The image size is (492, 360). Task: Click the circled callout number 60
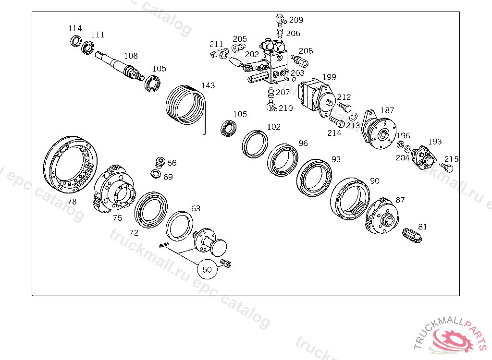pyautogui.click(x=207, y=269)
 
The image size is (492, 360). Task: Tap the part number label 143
pyautogui.click(x=208, y=85)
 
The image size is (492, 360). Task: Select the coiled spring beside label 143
pyautogui.click(x=186, y=107)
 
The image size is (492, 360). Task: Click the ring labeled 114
pyautogui.click(x=75, y=41)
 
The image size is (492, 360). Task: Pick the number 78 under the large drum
pyautogui.click(x=72, y=201)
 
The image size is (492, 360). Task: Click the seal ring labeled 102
pyautogui.click(x=255, y=144)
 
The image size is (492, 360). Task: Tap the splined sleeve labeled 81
pyautogui.click(x=412, y=235)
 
